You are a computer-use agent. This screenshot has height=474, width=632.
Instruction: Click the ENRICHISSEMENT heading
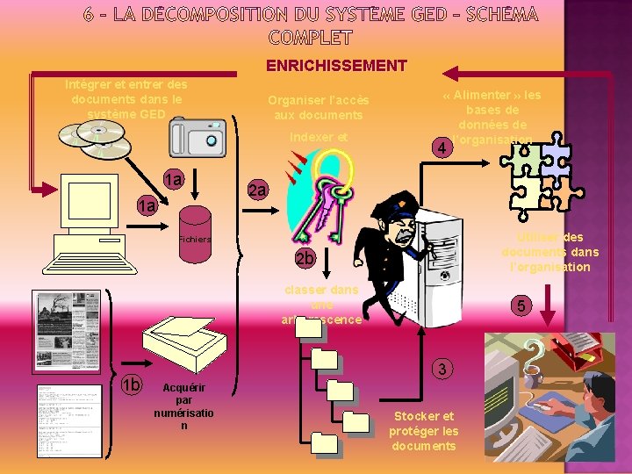[x=336, y=66]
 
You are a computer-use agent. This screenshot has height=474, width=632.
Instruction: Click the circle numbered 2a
[x=257, y=190]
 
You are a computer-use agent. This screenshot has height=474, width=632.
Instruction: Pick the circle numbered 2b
[x=305, y=258]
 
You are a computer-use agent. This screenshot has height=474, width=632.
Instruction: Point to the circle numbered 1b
[x=131, y=384]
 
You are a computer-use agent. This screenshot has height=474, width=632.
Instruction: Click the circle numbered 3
[x=444, y=369]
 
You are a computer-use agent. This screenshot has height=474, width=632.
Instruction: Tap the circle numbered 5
[x=521, y=305]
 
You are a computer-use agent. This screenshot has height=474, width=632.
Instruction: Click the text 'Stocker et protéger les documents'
[x=424, y=430]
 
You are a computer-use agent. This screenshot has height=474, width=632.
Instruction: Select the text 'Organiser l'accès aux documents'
[x=318, y=107]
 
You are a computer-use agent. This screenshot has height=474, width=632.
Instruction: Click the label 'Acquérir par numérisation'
[x=183, y=406]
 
